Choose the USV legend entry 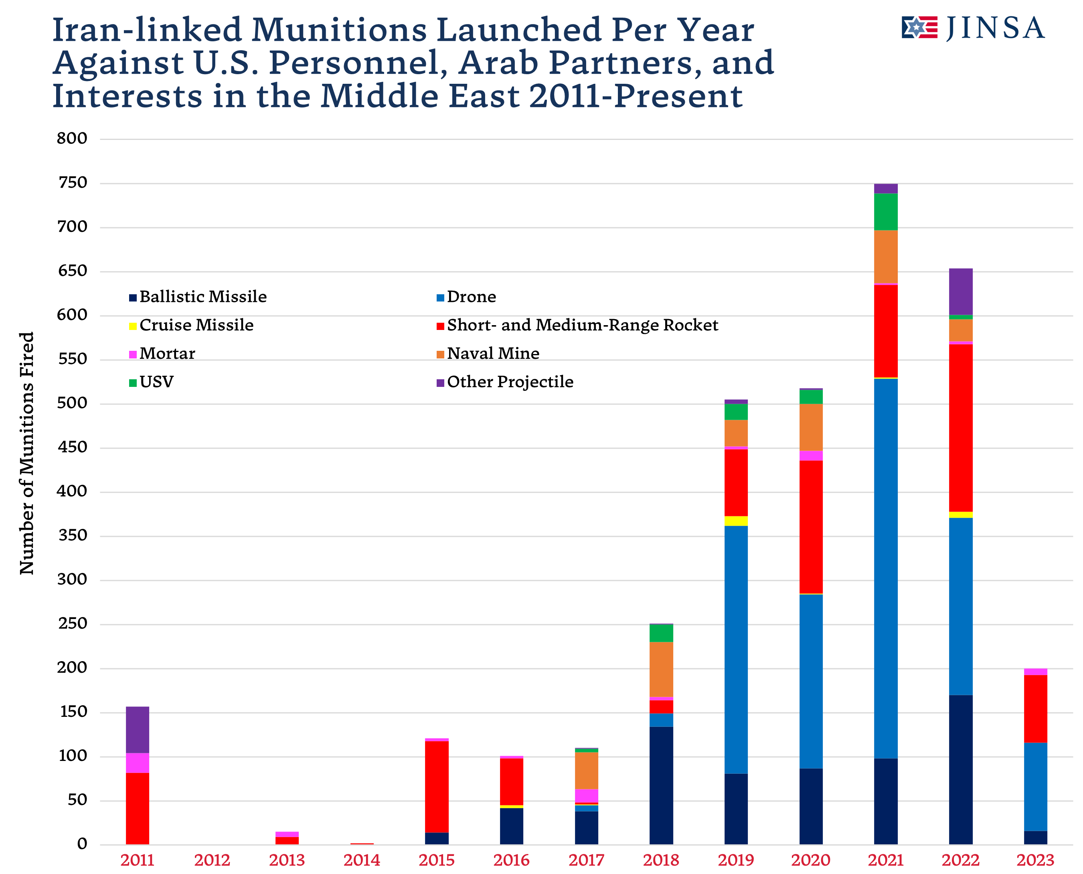tap(151, 382)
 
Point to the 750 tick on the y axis tap(73, 183)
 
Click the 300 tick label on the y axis tap(73, 579)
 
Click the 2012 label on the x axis tap(212, 860)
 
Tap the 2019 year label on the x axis tap(736, 860)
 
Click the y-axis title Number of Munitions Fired tap(26, 453)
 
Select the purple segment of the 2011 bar tap(138, 730)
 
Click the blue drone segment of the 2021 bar tap(886, 569)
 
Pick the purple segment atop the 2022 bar tap(961, 291)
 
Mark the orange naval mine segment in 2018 tap(661, 669)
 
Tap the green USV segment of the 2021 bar tap(886, 211)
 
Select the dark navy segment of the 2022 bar tap(961, 770)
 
